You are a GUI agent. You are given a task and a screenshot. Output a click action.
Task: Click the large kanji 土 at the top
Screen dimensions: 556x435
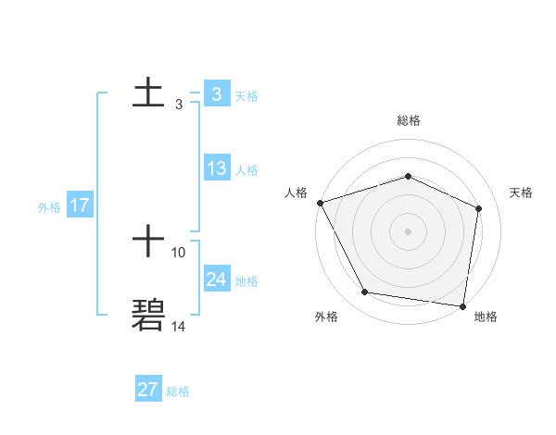click(149, 92)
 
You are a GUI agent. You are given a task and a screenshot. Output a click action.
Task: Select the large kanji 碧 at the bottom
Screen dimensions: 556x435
click(149, 315)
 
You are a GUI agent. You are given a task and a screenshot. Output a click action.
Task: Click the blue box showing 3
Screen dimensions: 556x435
click(216, 94)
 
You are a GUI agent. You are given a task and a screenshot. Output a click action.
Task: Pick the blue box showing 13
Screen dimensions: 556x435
click(217, 168)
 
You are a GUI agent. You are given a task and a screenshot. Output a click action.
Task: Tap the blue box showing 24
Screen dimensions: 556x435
click(217, 280)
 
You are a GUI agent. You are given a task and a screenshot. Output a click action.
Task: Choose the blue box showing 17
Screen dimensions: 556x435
click(80, 205)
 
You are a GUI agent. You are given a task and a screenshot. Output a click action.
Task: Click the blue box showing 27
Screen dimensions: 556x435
click(148, 390)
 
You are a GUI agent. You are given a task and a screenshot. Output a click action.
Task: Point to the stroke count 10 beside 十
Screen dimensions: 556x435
click(179, 252)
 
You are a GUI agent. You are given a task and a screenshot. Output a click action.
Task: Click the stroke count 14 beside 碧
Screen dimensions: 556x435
click(179, 326)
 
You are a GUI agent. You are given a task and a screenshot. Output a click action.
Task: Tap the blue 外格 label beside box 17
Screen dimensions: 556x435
click(49, 207)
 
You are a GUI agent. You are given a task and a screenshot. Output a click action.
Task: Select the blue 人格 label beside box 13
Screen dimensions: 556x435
click(246, 170)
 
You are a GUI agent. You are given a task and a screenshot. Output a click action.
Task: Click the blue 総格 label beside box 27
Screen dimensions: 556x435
click(178, 391)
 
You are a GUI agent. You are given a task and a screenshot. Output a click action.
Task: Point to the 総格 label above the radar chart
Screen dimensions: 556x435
click(409, 120)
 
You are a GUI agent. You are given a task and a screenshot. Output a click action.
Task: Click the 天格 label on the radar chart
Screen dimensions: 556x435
click(522, 193)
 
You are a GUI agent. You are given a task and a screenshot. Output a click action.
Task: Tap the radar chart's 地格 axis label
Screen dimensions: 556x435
click(486, 317)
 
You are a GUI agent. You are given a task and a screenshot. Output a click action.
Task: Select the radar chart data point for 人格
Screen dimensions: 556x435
click(320, 203)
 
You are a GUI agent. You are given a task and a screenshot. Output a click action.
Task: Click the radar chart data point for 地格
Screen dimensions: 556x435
click(462, 305)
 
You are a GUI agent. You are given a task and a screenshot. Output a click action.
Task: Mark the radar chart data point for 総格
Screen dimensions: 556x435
click(408, 176)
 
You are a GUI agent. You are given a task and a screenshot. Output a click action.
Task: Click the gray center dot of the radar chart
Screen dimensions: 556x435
click(408, 230)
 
